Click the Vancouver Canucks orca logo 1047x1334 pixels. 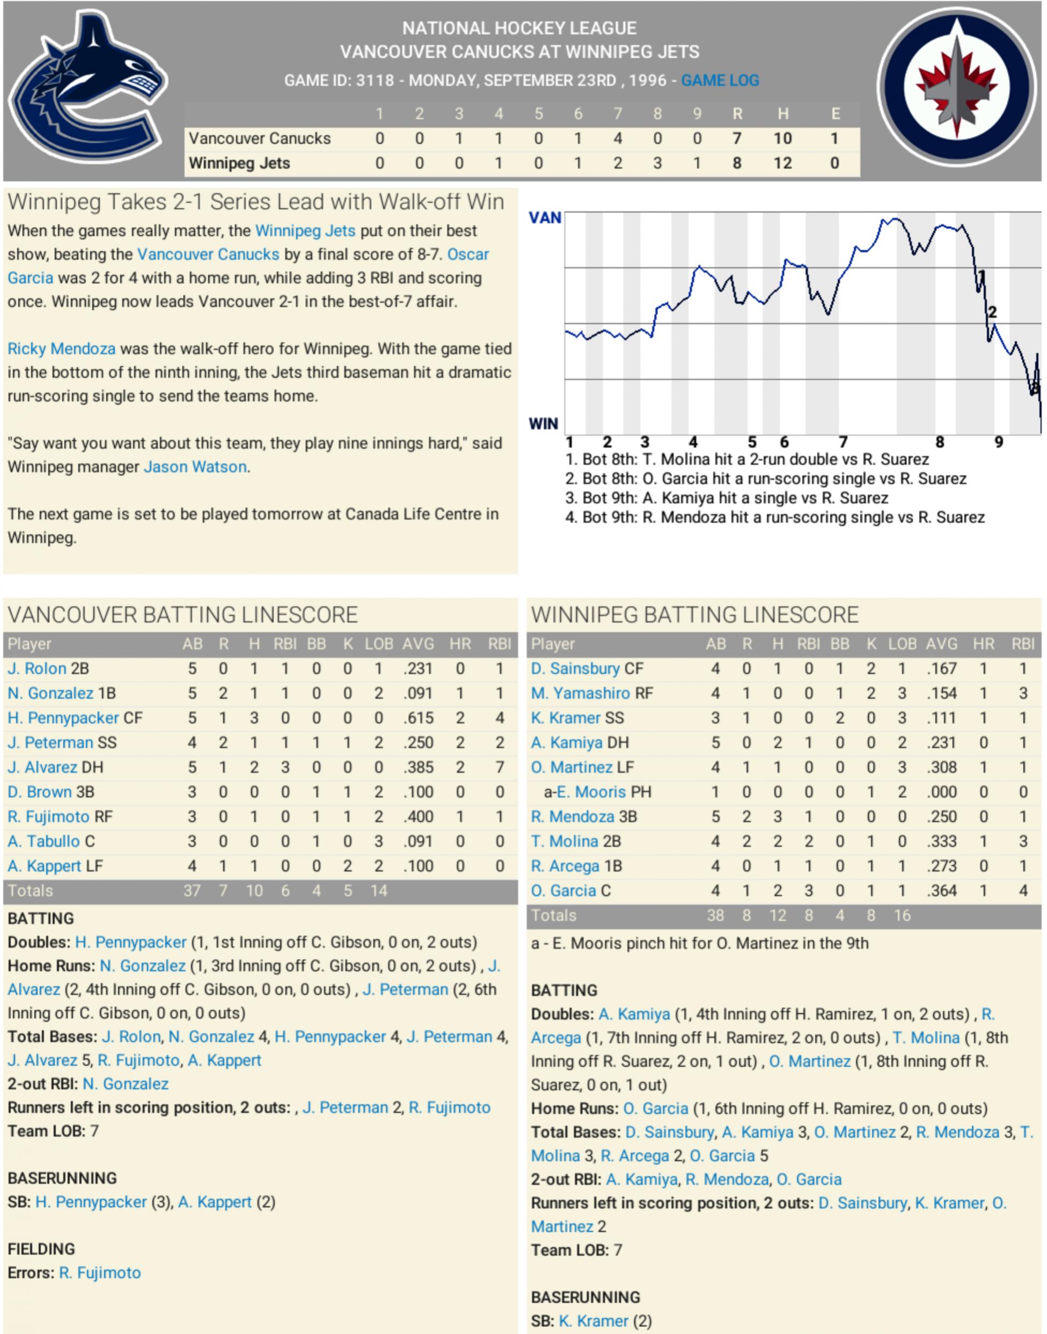click(87, 89)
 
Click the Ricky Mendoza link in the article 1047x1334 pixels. click(61, 349)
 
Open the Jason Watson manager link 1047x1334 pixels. click(195, 467)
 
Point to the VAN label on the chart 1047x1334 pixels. click(544, 217)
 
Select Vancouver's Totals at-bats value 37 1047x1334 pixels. click(192, 891)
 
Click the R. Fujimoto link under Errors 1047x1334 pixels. click(100, 1273)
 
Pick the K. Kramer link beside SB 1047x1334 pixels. click(594, 1321)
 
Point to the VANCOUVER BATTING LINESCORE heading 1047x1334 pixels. click(182, 615)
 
